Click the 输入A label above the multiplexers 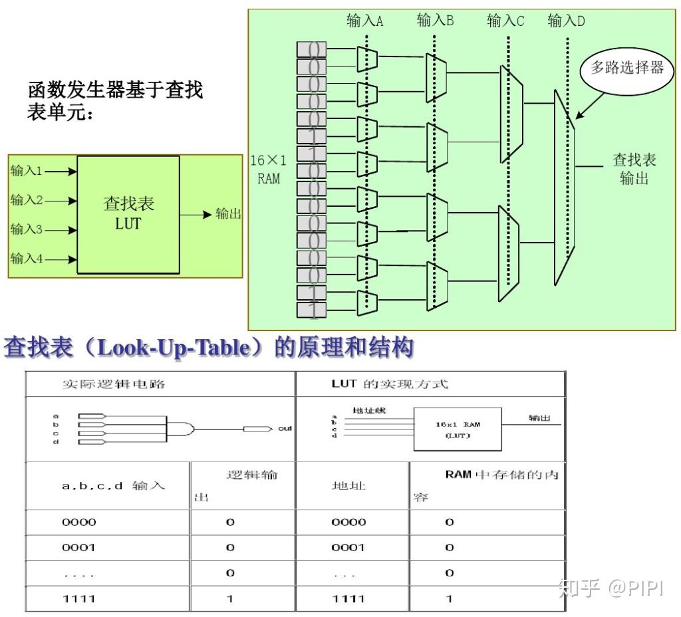pyautogui.click(x=365, y=21)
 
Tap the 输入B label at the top pyautogui.click(x=435, y=21)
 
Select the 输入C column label pyautogui.click(x=505, y=21)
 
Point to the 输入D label pyautogui.click(x=567, y=21)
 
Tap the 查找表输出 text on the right pyautogui.click(x=634, y=169)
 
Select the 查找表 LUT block pyautogui.click(x=128, y=213)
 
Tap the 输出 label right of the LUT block pyautogui.click(x=227, y=214)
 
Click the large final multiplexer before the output pyautogui.click(x=564, y=188)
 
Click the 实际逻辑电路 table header pyautogui.click(x=113, y=384)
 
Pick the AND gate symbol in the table pyautogui.click(x=182, y=428)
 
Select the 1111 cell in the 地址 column pyautogui.click(x=348, y=598)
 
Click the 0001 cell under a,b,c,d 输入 pyautogui.click(x=79, y=547)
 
